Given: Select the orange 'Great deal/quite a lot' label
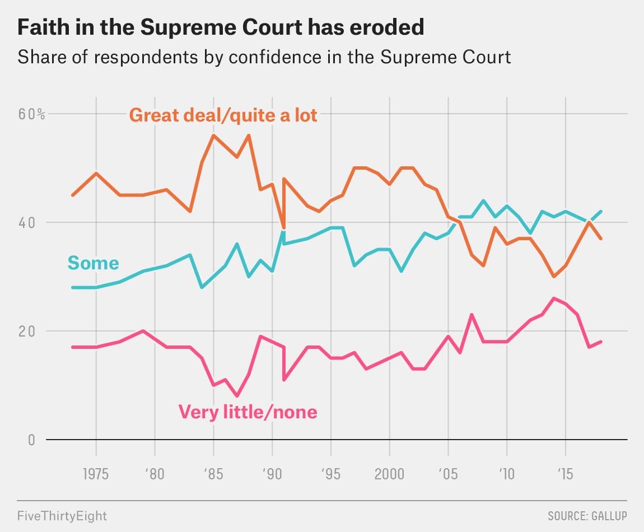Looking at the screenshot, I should [223, 115].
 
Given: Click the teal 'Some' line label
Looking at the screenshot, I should [93, 263].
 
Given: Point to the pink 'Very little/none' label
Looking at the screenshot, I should [248, 412].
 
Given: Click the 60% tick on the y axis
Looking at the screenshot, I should [31, 114].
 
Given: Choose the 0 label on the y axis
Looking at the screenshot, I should [31, 440].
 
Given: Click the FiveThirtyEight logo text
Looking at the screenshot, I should [62, 515].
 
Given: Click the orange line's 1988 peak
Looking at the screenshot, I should [249, 135].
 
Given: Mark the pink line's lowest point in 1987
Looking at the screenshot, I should [237, 396].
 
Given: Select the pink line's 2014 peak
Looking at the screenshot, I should [554, 298].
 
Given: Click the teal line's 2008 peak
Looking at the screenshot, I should [483, 200].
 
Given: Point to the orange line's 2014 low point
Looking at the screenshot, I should [554, 277].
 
